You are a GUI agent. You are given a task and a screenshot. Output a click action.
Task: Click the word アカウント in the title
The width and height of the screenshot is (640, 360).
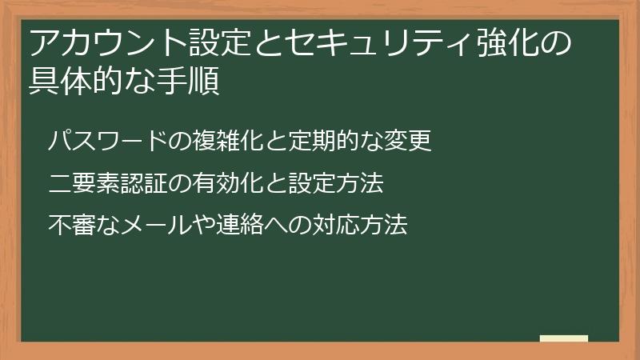tap(109, 42)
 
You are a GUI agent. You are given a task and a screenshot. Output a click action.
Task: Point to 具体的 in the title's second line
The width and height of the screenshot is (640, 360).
tap(76, 81)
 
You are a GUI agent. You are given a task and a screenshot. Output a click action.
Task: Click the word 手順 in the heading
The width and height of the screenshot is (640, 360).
tap(188, 81)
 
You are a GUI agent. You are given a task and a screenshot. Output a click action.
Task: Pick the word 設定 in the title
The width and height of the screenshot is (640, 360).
tap(219, 42)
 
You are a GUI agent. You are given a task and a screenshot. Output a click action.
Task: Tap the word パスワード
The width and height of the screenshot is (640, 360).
tap(108, 141)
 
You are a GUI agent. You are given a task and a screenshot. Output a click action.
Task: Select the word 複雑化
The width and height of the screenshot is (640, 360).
tap(229, 141)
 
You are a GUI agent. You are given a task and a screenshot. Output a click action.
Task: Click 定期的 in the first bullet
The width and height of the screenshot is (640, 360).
tap(324, 141)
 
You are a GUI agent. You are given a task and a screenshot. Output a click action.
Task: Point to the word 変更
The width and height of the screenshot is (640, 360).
tap(408, 141)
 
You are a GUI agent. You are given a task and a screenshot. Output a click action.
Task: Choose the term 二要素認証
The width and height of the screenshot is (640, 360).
tap(108, 183)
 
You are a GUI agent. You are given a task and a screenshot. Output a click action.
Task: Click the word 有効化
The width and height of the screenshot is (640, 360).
tap(228, 183)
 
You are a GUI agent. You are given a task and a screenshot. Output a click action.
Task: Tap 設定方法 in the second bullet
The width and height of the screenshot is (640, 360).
tap(336, 183)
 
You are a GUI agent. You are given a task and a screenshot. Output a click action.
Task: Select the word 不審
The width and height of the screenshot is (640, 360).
tap(72, 225)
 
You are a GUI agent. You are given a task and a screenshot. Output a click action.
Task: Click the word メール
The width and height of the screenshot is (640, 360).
tap(156, 225)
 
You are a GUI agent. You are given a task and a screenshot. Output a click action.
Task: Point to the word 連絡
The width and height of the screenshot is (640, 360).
tap(240, 225)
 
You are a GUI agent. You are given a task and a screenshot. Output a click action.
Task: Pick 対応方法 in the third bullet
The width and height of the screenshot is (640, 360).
tap(360, 225)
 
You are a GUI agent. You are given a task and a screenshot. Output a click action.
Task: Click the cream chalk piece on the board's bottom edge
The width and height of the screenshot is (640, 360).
tap(564, 338)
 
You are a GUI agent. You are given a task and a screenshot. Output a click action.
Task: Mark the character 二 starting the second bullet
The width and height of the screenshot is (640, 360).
tap(60, 183)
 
